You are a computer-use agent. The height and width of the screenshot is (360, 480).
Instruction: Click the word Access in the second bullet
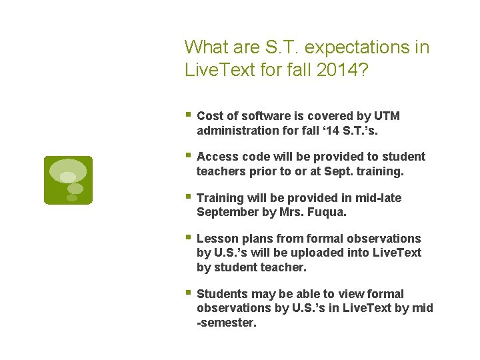tap(216, 157)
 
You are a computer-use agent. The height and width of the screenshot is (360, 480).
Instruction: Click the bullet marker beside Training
tap(189, 197)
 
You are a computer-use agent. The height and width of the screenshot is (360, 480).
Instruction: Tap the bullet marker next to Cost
tap(189, 115)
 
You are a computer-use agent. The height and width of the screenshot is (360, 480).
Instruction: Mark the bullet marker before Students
tap(189, 293)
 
